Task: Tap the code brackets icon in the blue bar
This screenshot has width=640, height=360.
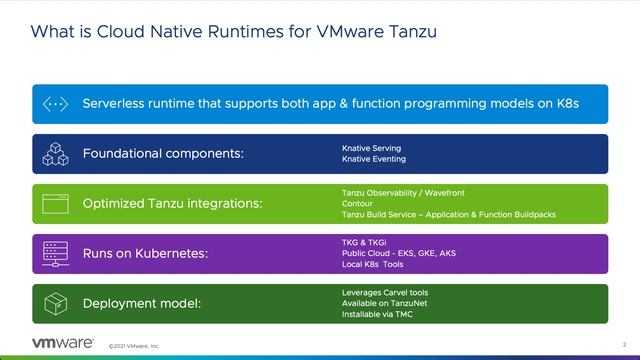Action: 54,104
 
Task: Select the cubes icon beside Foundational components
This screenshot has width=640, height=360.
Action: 54,154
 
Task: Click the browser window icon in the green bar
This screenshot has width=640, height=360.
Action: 54,204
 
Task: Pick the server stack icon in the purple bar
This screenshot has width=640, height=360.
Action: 54,254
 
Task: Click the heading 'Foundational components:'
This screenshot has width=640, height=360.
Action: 163,154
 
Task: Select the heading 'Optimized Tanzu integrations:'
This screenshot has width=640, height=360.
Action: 172,204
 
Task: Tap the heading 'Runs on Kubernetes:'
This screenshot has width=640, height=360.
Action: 145,254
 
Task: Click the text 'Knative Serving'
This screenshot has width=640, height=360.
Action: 371,148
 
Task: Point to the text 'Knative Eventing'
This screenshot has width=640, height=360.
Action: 373,159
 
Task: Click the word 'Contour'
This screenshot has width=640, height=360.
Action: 357,203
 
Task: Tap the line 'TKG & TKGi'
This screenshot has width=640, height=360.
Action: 363,242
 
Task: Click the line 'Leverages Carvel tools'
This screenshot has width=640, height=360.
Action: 385,292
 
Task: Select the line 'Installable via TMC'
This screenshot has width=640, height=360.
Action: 378,314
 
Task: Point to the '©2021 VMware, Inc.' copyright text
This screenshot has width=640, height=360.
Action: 134,345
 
